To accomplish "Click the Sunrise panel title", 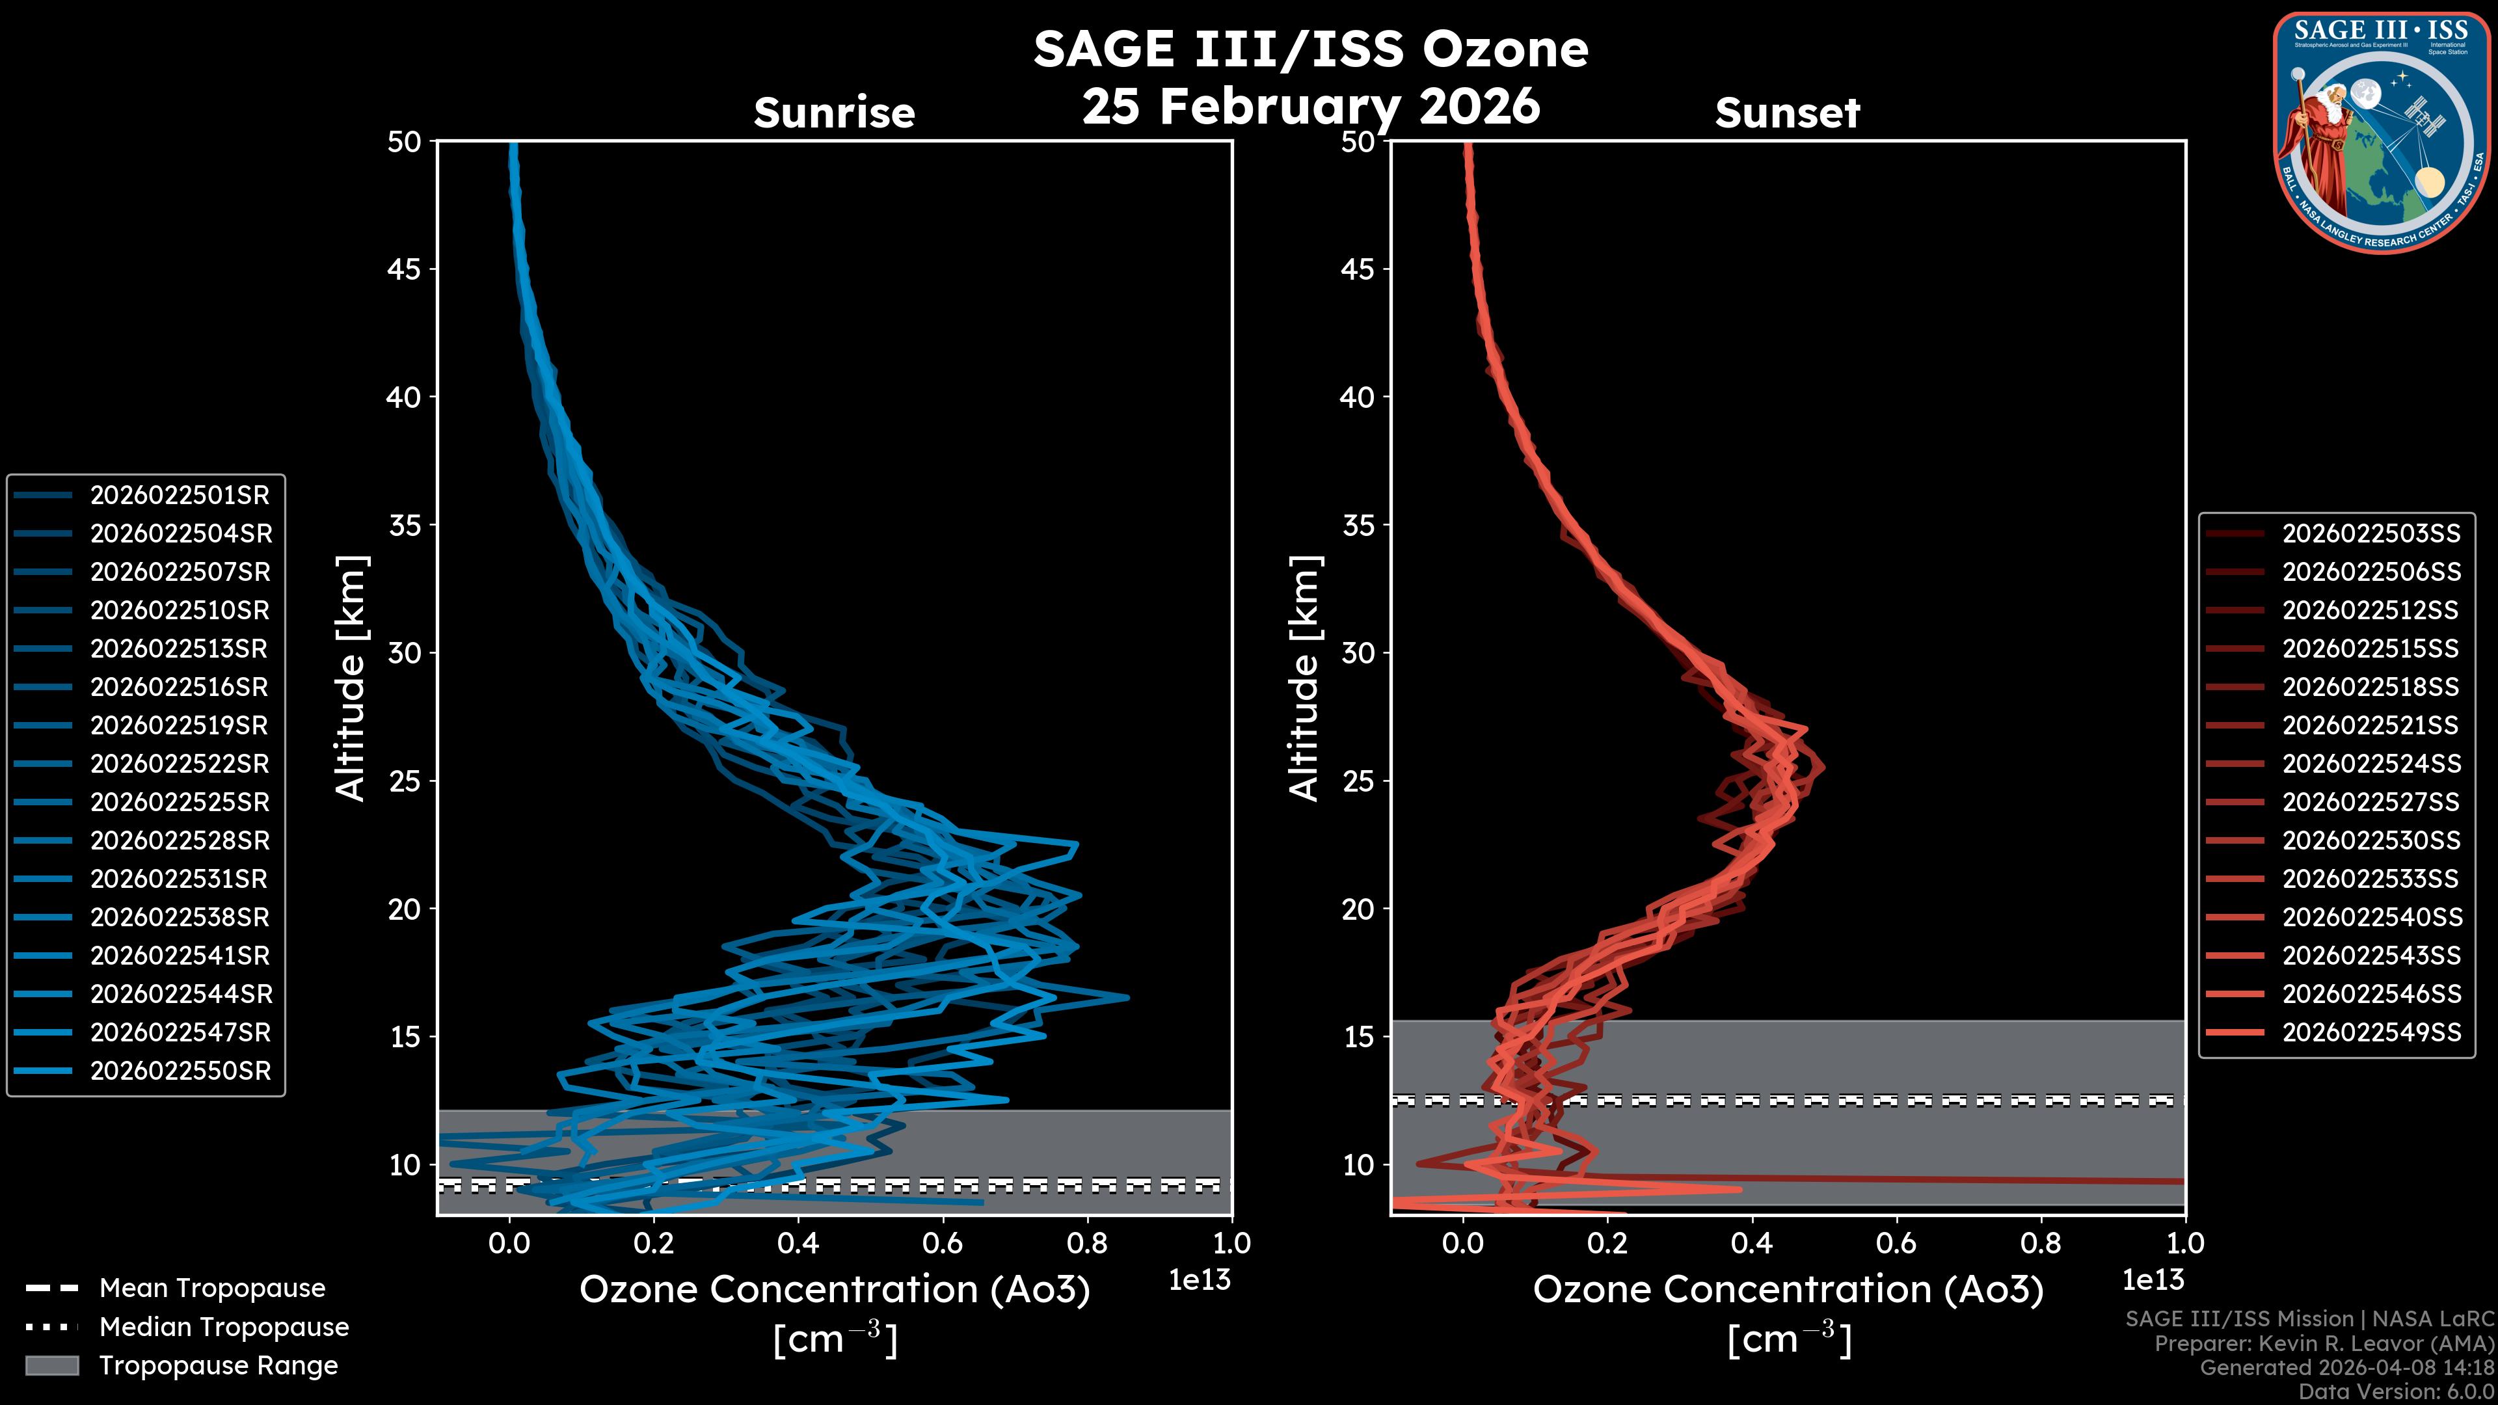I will coord(834,113).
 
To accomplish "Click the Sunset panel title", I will coord(1787,113).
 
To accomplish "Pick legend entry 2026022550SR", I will coord(180,1071).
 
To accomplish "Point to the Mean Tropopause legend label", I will coord(212,1288).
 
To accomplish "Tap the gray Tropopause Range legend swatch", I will coord(51,1365).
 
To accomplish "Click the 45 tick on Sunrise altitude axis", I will coord(405,269).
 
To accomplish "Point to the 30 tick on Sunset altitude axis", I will coord(1358,652).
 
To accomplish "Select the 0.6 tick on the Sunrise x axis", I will coord(943,1243).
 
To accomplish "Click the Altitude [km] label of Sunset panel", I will coord(1304,678).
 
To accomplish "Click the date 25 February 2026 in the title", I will coord(1311,105).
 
